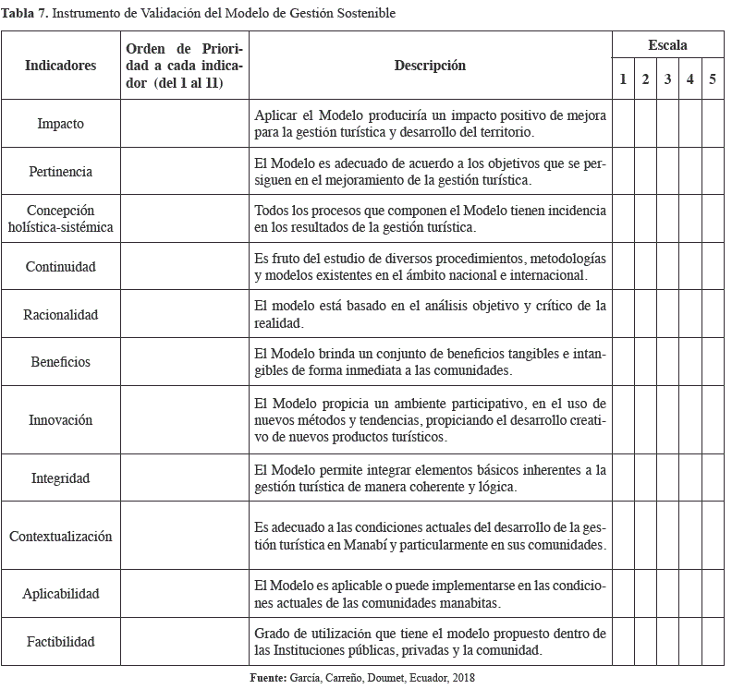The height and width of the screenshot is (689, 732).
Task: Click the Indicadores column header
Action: click(x=60, y=66)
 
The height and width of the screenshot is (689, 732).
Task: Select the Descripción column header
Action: click(x=430, y=66)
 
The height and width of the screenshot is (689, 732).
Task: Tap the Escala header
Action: click(x=667, y=45)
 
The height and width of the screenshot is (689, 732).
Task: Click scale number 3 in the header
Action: click(x=667, y=80)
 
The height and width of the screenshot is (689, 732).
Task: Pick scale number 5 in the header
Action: click(x=712, y=80)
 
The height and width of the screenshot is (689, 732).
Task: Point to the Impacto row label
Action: click(x=60, y=124)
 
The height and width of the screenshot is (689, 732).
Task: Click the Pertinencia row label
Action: click(x=60, y=172)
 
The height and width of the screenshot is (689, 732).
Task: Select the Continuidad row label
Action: click(x=60, y=267)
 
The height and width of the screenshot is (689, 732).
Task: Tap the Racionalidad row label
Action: click(x=60, y=315)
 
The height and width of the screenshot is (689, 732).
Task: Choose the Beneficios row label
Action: click(x=60, y=362)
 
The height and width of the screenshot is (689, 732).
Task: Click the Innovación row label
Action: click(x=60, y=420)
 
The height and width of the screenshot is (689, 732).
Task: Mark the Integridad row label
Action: click(x=60, y=478)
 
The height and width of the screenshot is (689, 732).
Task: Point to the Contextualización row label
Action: click(x=60, y=537)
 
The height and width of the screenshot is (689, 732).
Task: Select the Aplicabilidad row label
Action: click(x=60, y=595)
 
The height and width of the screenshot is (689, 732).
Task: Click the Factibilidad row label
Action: click(x=60, y=642)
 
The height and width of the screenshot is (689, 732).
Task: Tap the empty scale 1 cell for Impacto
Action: click(x=623, y=124)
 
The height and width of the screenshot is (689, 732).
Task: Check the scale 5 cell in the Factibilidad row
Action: click(x=712, y=642)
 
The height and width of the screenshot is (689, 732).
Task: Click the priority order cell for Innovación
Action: click(x=185, y=420)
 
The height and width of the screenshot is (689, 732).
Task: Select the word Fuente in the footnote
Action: click(x=269, y=679)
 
